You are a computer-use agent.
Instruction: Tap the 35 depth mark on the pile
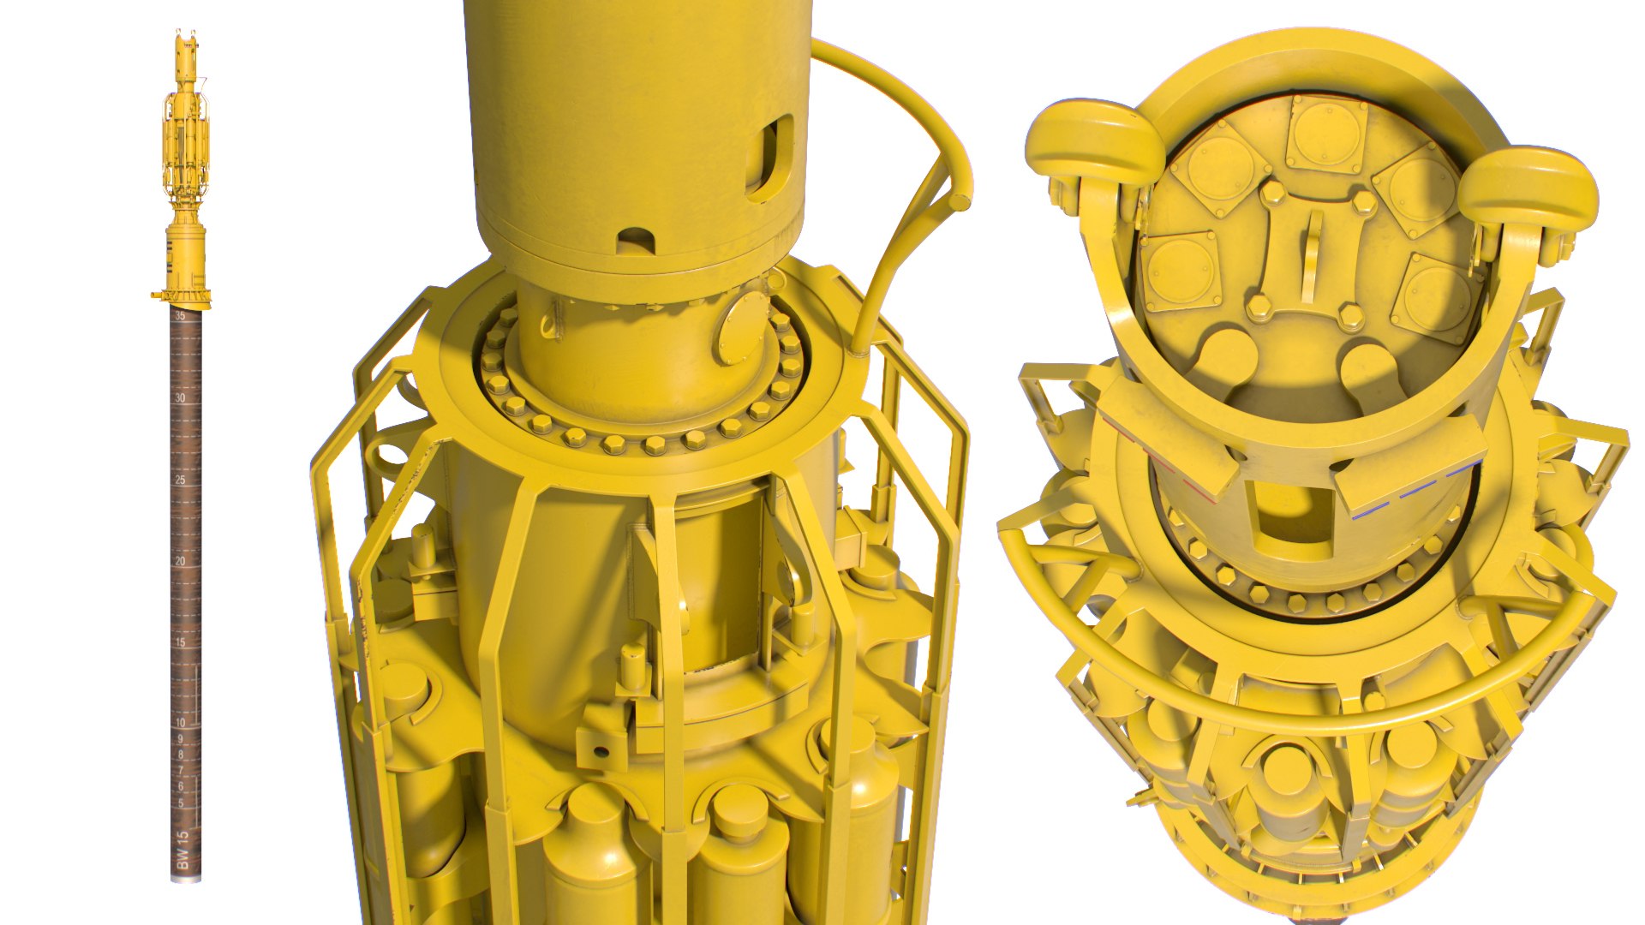pos(180,316)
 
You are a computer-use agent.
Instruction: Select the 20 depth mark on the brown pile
pos(180,561)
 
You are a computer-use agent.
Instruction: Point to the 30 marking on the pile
pos(180,398)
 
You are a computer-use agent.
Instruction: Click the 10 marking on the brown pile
pos(180,723)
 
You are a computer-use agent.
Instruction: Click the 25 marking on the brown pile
pos(180,480)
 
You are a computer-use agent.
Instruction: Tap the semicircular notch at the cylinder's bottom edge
pos(635,241)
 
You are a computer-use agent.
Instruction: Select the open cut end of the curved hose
pos(962,202)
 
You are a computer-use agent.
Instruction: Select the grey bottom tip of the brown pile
pos(187,874)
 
